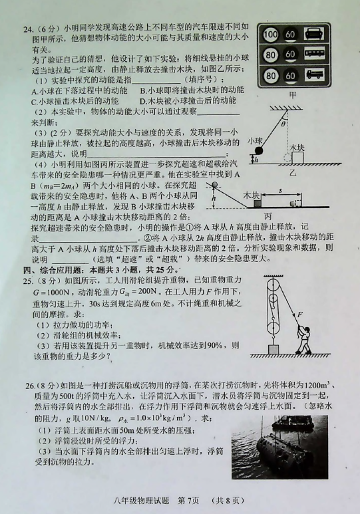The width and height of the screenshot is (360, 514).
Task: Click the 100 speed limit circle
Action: point(270,34)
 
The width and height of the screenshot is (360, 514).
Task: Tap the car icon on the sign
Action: point(314,34)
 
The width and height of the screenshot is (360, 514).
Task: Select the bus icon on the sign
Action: point(314,54)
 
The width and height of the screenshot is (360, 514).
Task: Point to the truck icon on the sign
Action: point(314,74)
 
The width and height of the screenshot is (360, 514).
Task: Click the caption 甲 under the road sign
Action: point(292,94)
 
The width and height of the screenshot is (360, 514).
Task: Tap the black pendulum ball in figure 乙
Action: point(260,150)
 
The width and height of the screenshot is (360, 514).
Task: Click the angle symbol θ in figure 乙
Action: point(283,124)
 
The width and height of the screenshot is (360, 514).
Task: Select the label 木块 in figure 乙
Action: point(297,147)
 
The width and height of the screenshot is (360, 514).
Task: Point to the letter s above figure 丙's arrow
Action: point(281,190)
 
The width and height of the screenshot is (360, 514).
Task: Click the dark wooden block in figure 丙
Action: point(258,203)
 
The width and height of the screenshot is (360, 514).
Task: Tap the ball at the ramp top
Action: point(215,186)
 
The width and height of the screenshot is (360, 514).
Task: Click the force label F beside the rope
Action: point(299,315)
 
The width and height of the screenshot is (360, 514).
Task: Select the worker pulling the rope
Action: point(304,340)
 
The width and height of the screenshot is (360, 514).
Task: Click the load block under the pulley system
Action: point(273,350)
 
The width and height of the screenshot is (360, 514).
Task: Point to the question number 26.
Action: point(30,386)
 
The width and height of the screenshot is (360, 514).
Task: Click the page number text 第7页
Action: point(188,501)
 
